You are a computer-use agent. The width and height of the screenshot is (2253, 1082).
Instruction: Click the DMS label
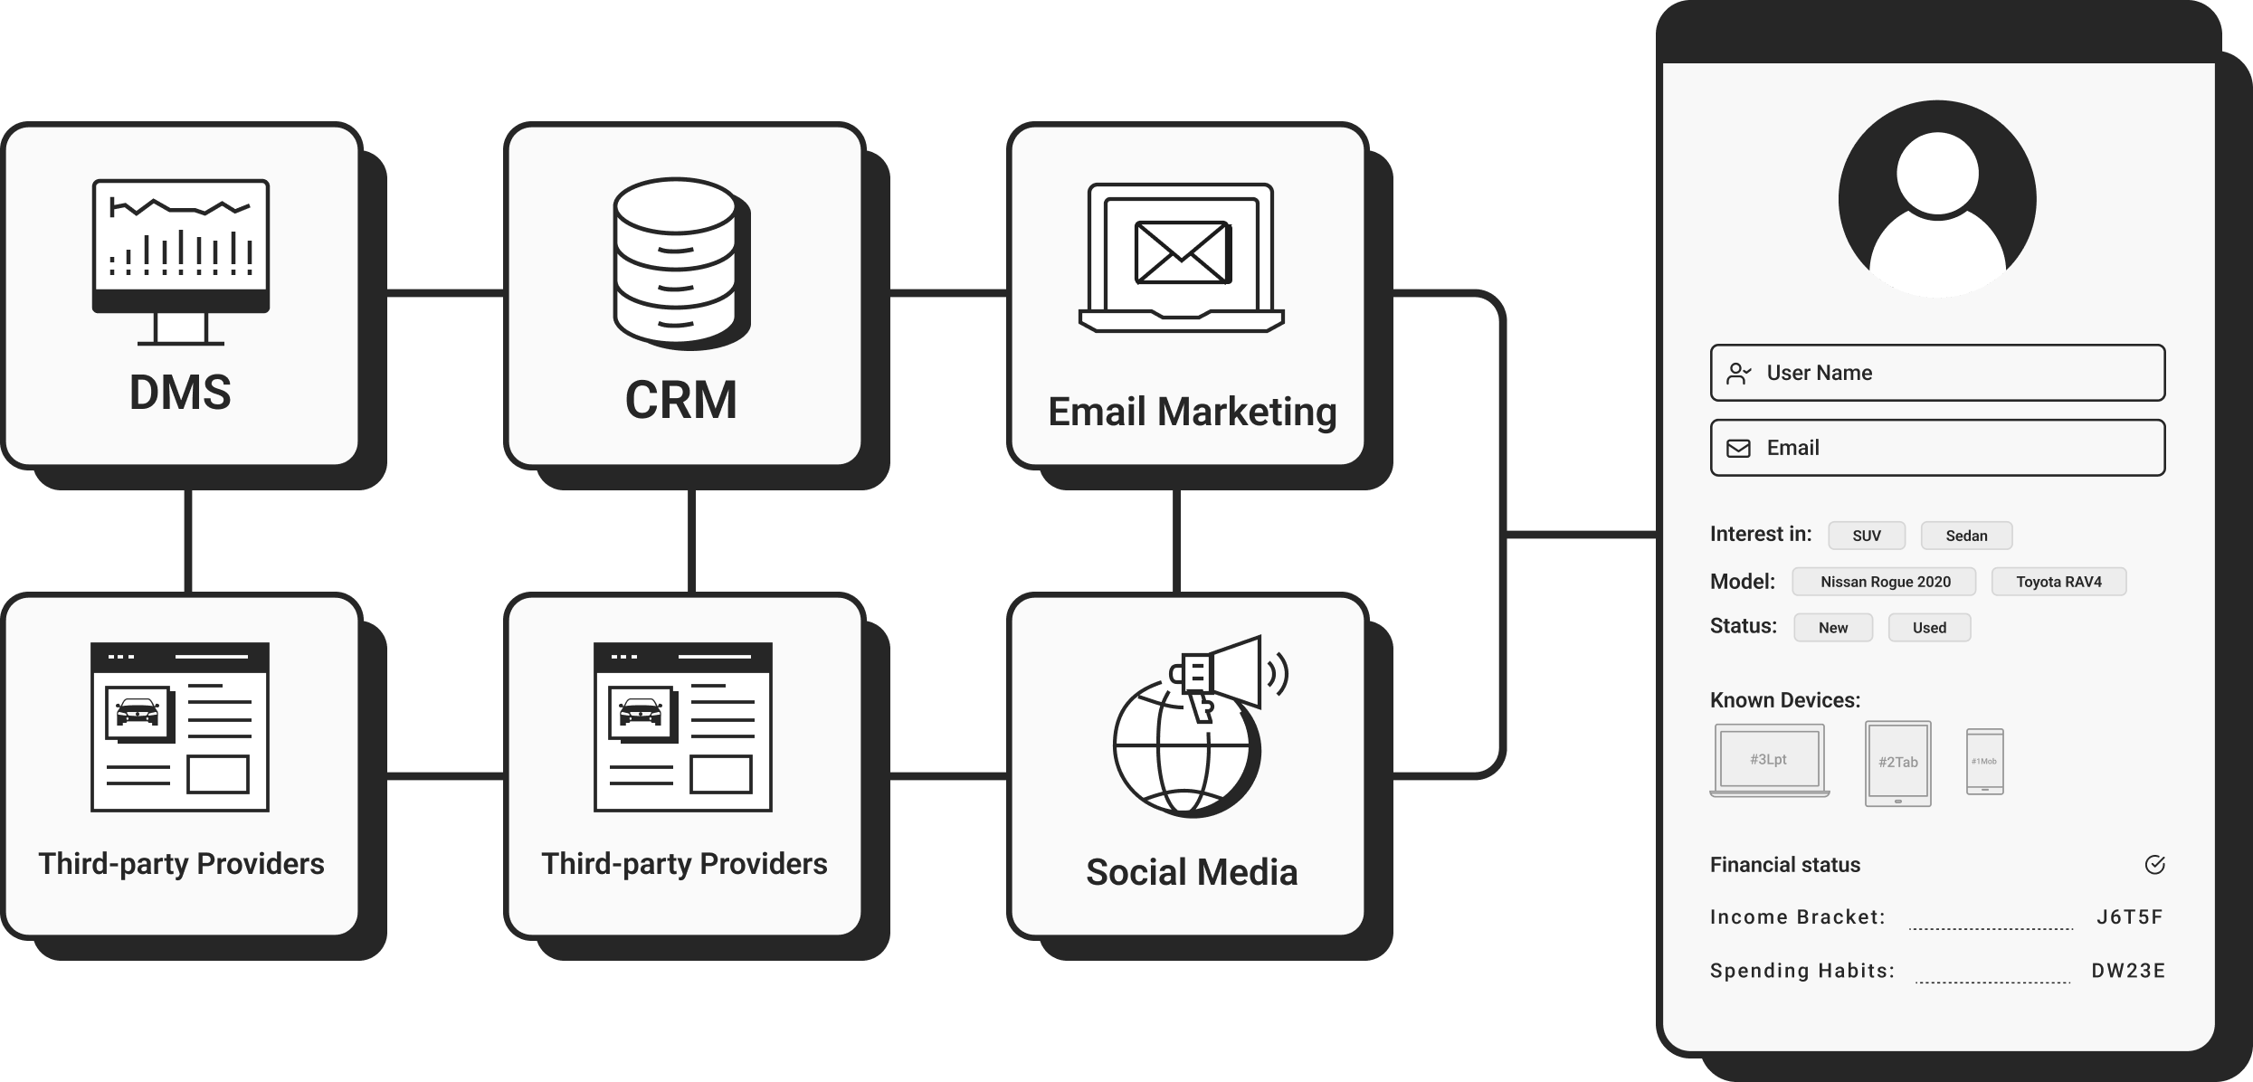tap(180, 393)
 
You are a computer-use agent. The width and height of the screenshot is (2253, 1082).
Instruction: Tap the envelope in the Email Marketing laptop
tap(1182, 252)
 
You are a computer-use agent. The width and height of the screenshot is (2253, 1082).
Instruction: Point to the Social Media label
tap(1192, 873)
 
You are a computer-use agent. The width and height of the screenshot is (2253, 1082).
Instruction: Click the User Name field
tap(1937, 373)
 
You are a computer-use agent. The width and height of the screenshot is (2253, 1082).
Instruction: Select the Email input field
tap(1937, 448)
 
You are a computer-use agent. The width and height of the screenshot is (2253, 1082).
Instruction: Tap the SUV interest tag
tap(1867, 536)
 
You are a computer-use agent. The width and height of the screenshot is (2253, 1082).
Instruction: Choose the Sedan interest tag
tap(1966, 536)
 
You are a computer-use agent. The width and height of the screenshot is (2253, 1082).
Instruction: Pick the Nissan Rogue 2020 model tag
tap(1885, 582)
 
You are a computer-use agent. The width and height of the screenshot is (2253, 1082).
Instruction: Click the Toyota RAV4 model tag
tap(2058, 582)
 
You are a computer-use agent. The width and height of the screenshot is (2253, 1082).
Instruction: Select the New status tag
tap(1833, 628)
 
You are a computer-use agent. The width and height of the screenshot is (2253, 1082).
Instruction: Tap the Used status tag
tap(1929, 628)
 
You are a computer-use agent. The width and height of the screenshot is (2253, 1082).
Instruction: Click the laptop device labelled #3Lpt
tap(1769, 760)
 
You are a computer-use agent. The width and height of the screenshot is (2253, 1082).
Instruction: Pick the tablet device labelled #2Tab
tap(1897, 763)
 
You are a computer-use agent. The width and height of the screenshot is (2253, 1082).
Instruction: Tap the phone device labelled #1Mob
tap(1984, 762)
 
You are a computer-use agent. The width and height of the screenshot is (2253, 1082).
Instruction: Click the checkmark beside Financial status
tap(2154, 865)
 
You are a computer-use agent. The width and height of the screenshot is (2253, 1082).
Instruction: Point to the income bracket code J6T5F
tap(2129, 917)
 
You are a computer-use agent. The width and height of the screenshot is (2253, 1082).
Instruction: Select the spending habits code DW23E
tap(2128, 971)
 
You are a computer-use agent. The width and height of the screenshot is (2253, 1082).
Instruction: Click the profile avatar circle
tap(1937, 198)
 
